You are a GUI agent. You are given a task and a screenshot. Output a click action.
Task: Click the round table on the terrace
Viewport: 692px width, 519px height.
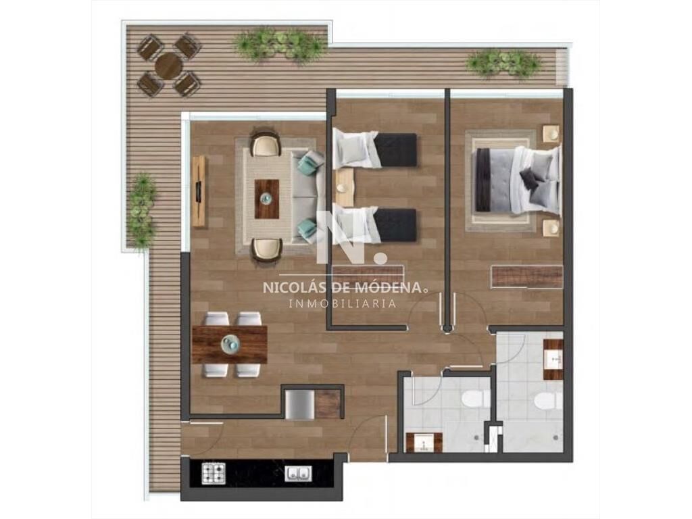169,66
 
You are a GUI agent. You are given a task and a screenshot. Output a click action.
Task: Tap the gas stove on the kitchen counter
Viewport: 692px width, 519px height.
214,473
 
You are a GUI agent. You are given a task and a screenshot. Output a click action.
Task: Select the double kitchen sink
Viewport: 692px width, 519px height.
299,474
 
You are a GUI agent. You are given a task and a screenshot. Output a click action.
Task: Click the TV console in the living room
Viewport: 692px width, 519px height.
199,191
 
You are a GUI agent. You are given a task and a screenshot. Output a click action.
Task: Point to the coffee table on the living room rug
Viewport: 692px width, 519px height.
267,199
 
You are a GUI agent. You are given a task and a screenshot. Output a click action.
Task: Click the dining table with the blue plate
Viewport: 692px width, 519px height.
230,344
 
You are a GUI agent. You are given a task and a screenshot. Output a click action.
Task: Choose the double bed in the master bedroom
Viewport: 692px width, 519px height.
516,180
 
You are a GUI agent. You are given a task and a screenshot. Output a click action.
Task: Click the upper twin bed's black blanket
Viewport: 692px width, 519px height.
395,149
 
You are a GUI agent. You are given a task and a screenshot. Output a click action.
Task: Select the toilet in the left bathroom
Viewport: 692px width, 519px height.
475,399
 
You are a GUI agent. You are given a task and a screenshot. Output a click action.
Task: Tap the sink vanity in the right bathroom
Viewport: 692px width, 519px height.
553,360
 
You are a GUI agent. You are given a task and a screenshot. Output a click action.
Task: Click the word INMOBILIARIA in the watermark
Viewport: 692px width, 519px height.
343,303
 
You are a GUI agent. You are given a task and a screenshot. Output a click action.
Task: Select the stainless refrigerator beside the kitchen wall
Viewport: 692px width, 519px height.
300,404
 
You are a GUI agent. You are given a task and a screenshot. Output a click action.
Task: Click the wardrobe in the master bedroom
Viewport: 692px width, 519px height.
527,277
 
